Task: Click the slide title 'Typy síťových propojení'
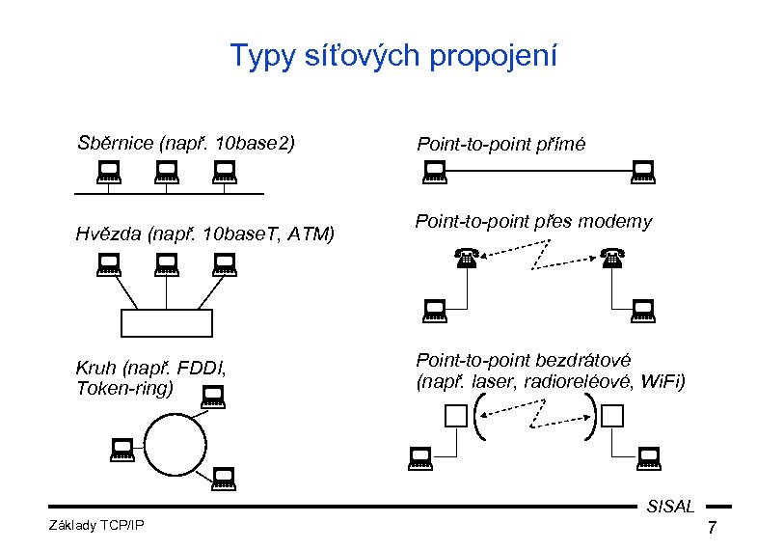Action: pyautogui.click(x=393, y=56)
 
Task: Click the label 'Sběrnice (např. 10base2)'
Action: pyautogui.click(x=185, y=144)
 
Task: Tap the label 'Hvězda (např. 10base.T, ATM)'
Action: pyautogui.click(x=205, y=233)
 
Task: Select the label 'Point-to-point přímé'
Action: pyautogui.click(x=500, y=144)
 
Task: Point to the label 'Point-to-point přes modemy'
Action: pyautogui.click(x=533, y=222)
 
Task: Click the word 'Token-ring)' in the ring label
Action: pyautogui.click(x=125, y=387)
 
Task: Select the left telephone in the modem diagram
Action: pyautogui.click(x=468, y=258)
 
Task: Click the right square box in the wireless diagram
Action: pyautogui.click(x=612, y=416)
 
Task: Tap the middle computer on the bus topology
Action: pyautogui.click(x=167, y=173)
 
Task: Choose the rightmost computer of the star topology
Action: pyautogui.click(x=225, y=263)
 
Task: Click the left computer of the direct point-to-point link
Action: pyautogui.click(x=435, y=173)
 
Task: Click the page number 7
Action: pyautogui.click(x=712, y=529)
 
